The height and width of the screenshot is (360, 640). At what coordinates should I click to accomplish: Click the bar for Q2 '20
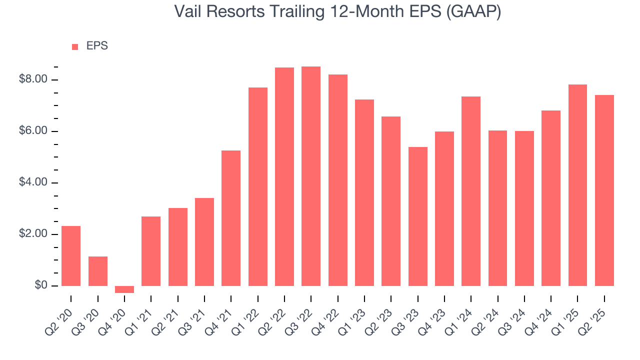(71, 256)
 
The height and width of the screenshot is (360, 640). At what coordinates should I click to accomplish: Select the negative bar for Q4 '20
(124, 289)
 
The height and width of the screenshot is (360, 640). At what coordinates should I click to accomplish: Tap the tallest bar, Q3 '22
(311, 176)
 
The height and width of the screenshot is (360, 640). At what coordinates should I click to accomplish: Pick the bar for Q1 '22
(258, 186)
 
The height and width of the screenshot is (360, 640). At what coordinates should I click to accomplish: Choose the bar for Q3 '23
(418, 216)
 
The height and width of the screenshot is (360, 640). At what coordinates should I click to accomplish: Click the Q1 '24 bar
(471, 191)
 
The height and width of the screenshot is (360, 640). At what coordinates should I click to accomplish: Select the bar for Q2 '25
(604, 190)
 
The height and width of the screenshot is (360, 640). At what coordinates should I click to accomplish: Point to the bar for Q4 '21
(231, 218)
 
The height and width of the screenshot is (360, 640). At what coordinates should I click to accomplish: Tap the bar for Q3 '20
(98, 271)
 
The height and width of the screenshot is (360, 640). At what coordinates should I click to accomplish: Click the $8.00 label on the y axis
(33, 79)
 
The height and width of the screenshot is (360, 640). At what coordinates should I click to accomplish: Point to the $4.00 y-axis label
(33, 182)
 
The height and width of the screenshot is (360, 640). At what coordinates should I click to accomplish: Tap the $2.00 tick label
(33, 234)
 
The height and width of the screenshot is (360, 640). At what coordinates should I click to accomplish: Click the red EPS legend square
(75, 46)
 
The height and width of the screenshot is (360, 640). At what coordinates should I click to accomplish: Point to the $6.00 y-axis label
(33, 131)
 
